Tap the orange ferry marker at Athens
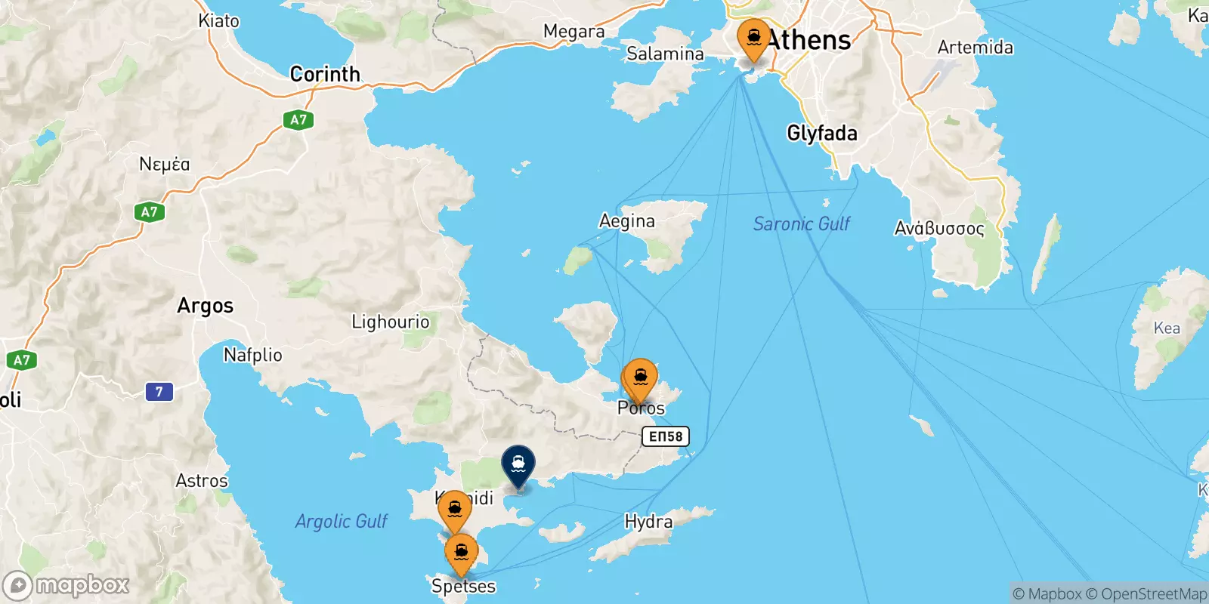click(x=753, y=38)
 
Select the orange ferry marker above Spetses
click(x=461, y=553)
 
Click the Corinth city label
click(x=325, y=74)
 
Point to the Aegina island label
click(x=626, y=221)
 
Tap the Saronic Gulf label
click(x=801, y=223)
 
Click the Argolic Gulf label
click(x=341, y=521)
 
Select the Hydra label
click(x=648, y=522)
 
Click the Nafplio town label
click(x=253, y=355)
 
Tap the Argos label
click(x=205, y=306)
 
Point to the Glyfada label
click(x=822, y=134)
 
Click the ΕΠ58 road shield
click(x=666, y=436)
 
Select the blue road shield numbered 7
click(x=159, y=392)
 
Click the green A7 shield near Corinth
click(x=298, y=119)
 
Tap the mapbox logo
click(x=66, y=585)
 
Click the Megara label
click(x=574, y=32)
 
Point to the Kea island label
click(x=1166, y=328)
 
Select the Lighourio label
click(x=390, y=322)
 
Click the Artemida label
click(x=975, y=48)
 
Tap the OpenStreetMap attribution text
click(x=1146, y=594)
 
